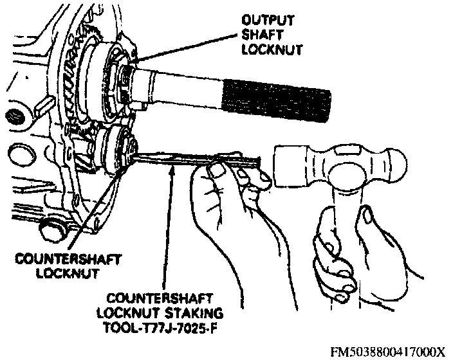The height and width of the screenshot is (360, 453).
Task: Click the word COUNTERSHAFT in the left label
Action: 56,260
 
